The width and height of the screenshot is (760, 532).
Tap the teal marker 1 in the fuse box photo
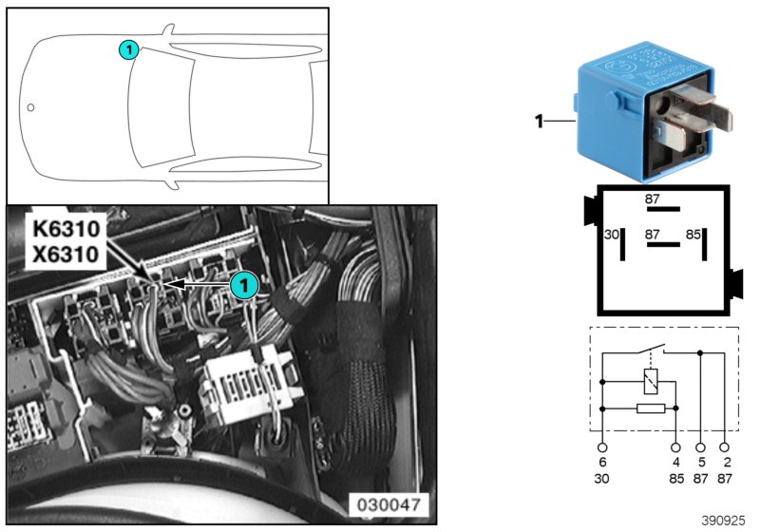point(244,284)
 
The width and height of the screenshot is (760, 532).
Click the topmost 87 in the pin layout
point(652,199)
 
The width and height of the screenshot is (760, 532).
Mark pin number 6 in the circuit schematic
point(602,462)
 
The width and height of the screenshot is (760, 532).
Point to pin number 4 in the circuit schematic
point(675,462)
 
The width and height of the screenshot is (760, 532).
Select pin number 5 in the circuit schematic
point(701,462)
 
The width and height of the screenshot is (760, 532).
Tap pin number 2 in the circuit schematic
point(725,462)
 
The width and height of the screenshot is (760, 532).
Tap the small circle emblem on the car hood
point(30,107)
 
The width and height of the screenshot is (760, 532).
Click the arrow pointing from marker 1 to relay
point(199,283)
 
